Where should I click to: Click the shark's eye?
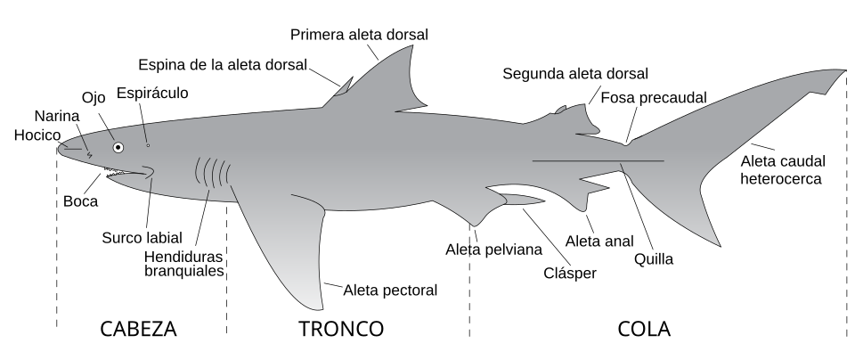(x=118, y=147)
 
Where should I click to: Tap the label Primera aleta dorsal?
(x=359, y=35)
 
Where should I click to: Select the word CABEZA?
(x=139, y=329)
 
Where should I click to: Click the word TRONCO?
(x=341, y=329)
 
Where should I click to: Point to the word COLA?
(x=644, y=329)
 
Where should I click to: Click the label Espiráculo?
(x=152, y=94)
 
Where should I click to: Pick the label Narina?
(x=57, y=116)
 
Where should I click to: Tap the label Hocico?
(x=37, y=135)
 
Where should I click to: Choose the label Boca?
(x=81, y=201)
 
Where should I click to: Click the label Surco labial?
(x=142, y=238)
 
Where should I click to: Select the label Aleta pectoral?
(x=390, y=290)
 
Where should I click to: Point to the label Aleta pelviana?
(x=493, y=250)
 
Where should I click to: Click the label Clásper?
(x=570, y=273)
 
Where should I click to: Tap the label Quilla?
(x=653, y=259)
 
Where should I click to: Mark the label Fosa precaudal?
(x=653, y=98)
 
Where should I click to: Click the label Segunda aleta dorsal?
(x=575, y=74)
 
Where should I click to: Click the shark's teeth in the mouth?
(x=115, y=172)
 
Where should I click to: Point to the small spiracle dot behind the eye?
(x=148, y=145)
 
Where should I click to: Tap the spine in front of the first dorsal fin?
(x=344, y=87)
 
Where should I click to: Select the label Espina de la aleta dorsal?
(x=223, y=65)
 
